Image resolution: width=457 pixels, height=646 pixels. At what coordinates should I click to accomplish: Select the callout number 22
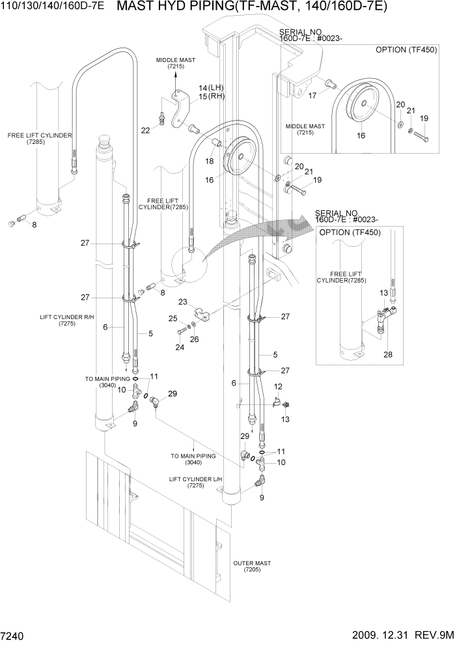pos(145,130)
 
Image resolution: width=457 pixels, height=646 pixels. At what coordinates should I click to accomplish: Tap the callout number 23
pos(183,302)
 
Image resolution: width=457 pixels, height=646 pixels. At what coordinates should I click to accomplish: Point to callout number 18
pos(210,160)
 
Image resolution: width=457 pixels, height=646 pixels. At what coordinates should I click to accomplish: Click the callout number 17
pos(312,94)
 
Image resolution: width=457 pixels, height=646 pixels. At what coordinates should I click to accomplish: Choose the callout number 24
pos(180,347)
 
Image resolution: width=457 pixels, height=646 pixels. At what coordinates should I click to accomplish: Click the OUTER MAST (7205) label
pos(251,566)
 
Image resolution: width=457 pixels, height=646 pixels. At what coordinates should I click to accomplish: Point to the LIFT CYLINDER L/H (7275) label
pos(195,482)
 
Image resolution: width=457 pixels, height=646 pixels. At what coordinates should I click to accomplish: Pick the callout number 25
pos(173,318)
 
